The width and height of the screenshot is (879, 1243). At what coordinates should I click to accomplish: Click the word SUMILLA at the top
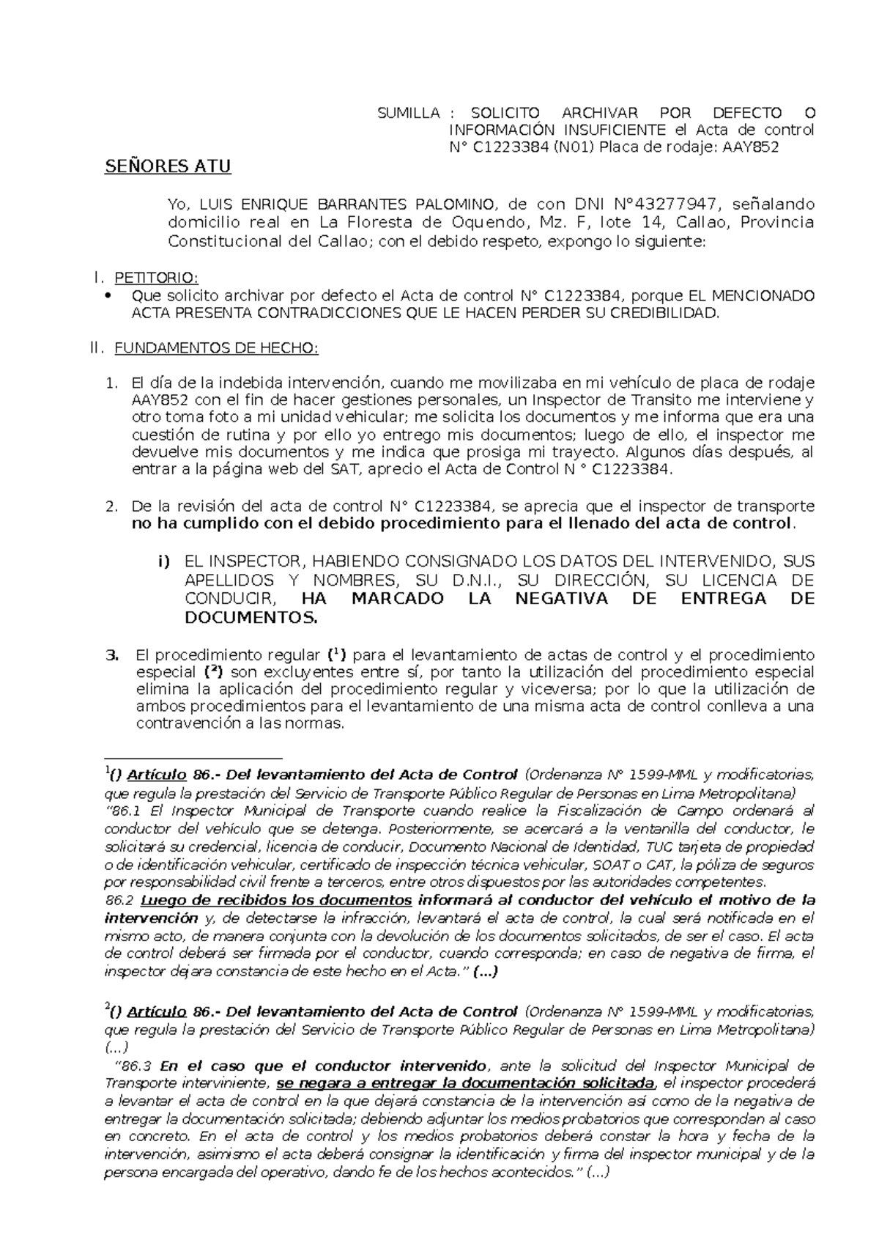point(408,114)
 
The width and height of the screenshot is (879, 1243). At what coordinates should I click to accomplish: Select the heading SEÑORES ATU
point(168,167)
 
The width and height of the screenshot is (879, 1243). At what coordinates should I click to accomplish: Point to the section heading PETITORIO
point(156,279)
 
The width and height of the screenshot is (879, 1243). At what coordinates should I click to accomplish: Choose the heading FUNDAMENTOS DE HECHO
point(216,348)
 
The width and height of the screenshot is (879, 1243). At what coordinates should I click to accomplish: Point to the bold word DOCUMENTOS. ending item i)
point(251,618)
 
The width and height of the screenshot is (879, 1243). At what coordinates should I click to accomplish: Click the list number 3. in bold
point(112,654)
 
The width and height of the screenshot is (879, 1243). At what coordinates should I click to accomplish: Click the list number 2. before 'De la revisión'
point(111,506)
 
